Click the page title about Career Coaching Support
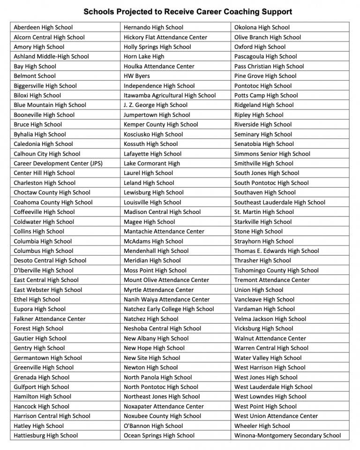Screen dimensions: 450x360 [187, 12]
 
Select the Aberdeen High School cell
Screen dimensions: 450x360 [43, 27]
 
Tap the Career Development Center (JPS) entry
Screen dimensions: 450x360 [58, 163]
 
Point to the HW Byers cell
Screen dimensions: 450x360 [137, 76]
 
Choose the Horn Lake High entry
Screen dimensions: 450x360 [144, 56]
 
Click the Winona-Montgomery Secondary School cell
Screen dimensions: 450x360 [287, 435]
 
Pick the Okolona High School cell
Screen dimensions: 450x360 [262, 27]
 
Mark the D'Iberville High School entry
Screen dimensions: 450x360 [44, 270]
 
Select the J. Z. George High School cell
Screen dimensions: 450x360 [156, 105]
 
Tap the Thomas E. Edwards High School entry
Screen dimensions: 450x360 [277, 251]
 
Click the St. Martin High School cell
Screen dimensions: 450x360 [264, 212]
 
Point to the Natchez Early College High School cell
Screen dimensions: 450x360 [169, 309]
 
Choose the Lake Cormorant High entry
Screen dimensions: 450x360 [152, 163]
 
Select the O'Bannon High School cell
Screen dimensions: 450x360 [153, 426]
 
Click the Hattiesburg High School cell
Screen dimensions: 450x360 [46, 435]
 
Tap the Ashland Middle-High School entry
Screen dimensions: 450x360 [51, 56]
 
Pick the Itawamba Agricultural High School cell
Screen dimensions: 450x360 [170, 95]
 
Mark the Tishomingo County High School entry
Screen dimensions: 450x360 [277, 270]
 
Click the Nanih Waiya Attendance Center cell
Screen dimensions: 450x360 [167, 299]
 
